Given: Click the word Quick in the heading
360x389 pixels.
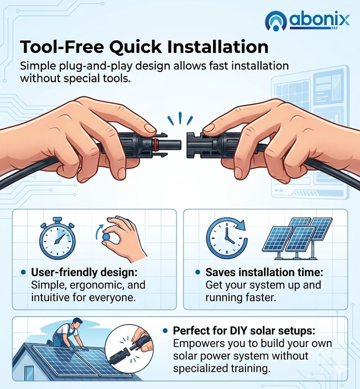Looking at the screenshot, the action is click(136, 47).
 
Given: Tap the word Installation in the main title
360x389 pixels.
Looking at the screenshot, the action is click(218, 46).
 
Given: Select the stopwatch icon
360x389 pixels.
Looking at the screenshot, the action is click(57, 238).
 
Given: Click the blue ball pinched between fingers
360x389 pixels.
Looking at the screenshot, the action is click(106, 236).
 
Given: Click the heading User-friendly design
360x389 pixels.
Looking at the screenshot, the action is click(84, 272).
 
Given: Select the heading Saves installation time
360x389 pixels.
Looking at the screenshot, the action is click(264, 272).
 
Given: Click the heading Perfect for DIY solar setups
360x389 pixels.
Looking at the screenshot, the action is click(244, 330).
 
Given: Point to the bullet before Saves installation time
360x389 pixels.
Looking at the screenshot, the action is click(197, 272).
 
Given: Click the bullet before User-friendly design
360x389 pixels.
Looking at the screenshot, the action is click(23, 272).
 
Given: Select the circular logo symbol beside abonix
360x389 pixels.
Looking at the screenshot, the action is click(275, 21).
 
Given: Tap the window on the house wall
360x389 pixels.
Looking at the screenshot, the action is click(29, 373).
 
